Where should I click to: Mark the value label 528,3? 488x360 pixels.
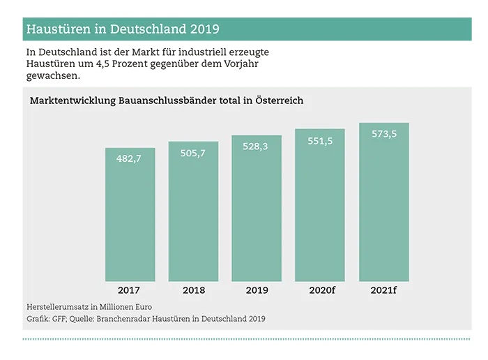(x=257, y=147)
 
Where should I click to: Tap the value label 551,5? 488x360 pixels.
(x=320, y=140)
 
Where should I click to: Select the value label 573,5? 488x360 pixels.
(x=383, y=134)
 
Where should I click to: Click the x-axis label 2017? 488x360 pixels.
(x=130, y=290)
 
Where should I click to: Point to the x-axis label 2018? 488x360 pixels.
(x=193, y=290)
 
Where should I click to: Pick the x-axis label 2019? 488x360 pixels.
(x=257, y=290)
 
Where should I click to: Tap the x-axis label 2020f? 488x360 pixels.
(x=320, y=290)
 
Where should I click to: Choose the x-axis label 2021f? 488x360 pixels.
(x=383, y=290)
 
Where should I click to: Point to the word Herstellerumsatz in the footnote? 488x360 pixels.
(x=55, y=306)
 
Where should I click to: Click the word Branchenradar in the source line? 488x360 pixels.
(x=133, y=319)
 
